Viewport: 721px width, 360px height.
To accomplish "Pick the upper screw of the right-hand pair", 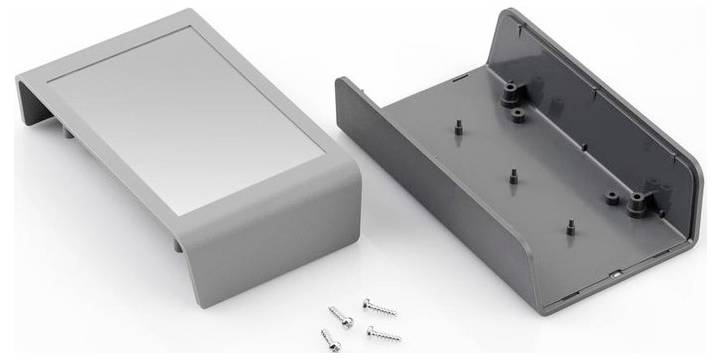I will coord(377,304).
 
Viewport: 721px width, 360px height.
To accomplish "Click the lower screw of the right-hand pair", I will coord(383,333).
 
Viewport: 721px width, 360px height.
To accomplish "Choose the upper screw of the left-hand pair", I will coord(341,318).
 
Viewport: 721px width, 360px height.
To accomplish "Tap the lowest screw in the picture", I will coord(333,339).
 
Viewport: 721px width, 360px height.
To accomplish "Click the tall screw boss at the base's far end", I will coord(512,96).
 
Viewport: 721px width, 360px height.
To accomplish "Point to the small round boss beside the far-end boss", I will coord(519,116).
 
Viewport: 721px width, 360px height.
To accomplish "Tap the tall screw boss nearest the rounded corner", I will coord(636,205).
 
